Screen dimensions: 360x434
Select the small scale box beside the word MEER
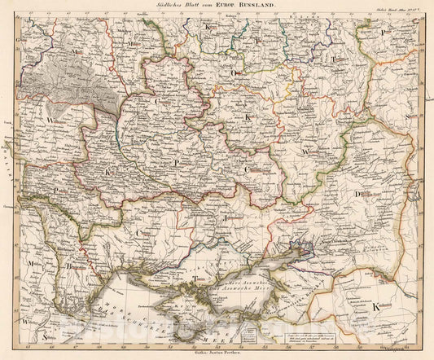click(265, 331)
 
